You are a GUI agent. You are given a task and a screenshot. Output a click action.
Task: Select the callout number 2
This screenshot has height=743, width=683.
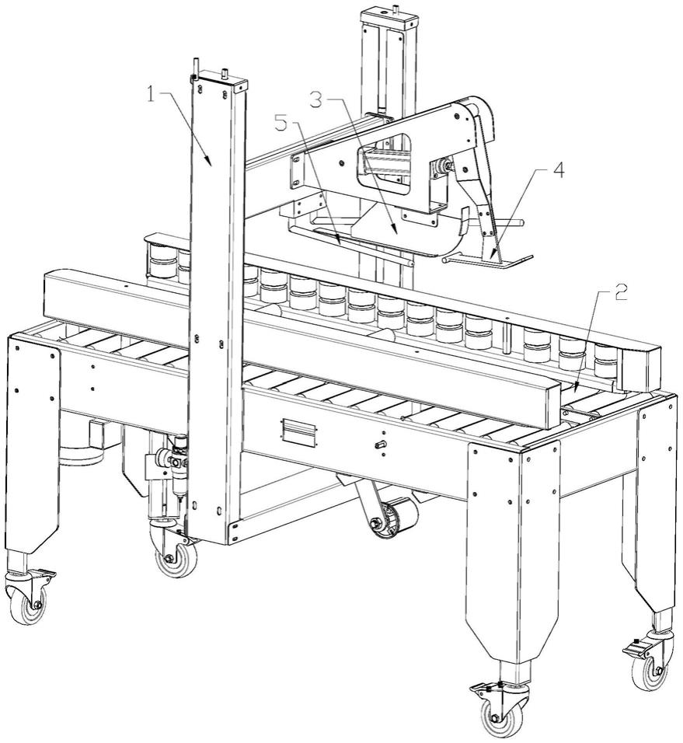click(621, 293)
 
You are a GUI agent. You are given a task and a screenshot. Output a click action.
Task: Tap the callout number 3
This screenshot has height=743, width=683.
click(316, 100)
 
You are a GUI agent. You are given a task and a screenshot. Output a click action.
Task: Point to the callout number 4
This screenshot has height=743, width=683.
click(559, 170)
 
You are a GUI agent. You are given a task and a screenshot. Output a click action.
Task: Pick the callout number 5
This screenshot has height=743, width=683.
click(281, 124)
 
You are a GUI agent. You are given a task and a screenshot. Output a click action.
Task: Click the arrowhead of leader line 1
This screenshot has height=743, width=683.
click(208, 161)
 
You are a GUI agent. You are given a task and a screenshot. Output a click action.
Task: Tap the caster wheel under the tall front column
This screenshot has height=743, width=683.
click(176, 559)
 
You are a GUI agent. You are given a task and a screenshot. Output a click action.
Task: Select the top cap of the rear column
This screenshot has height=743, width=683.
click(390, 18)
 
